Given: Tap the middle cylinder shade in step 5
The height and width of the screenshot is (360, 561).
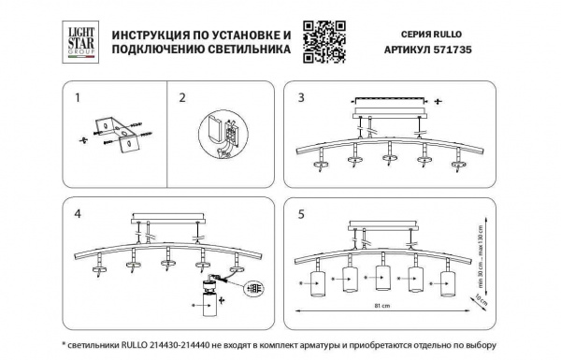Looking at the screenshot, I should coord(381,279).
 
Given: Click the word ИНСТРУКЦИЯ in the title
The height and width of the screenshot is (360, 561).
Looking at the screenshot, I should coord(155,34).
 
